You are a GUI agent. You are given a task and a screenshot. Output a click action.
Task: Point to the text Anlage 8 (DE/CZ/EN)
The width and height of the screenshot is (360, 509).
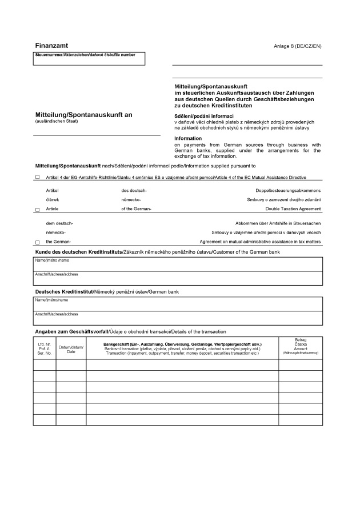[298, 46]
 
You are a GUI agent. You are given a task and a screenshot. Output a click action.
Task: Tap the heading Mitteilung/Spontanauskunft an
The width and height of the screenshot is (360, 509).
[83, 115]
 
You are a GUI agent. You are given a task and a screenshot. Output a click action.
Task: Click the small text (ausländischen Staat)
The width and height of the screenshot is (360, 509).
[56, 122]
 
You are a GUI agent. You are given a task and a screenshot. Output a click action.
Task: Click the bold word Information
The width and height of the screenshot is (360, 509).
[188, 138]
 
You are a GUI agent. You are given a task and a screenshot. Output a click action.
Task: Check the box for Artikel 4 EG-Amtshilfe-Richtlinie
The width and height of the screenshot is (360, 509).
[37, 177]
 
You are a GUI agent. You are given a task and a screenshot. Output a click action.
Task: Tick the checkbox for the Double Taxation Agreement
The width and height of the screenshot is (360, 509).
[37, 210]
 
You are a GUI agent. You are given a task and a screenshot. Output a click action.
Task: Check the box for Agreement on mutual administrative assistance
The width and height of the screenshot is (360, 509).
[37, 242]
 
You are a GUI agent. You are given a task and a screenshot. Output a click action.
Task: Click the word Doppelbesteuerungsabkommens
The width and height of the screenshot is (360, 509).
[288, 190]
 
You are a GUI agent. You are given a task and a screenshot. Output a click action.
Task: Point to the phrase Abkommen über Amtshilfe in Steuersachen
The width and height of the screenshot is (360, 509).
[278, 223]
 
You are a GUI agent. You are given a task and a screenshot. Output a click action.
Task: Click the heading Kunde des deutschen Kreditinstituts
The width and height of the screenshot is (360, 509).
[79, 252]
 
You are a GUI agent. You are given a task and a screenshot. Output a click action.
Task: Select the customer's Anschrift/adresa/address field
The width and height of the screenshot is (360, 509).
[178, 278]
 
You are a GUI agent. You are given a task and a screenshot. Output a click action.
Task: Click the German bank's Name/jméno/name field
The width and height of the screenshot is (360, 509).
[178, 303]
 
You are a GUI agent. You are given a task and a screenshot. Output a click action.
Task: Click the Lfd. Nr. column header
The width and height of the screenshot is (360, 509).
[45, 348]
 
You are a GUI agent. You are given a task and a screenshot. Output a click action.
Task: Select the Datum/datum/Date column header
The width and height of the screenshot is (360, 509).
[71, 349]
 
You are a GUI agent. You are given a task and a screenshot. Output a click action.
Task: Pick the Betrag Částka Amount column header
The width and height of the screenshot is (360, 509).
[301, 346]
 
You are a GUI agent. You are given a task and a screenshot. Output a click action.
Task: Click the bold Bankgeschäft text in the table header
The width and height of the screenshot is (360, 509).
[182, 344]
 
